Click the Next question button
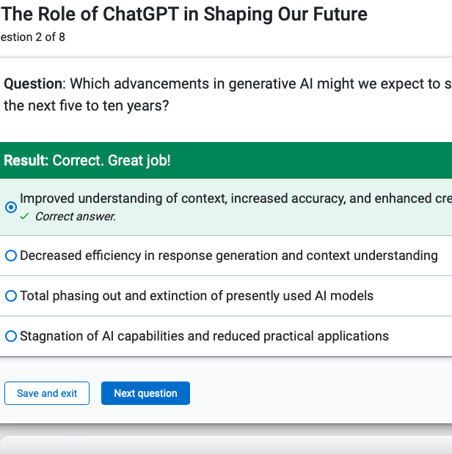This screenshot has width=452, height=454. (145, 393)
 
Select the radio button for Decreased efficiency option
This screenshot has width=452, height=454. (11, 256)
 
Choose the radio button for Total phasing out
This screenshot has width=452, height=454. (11, 296)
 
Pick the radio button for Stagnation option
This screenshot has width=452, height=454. (11, 336)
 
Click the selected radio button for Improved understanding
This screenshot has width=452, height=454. (11, 207)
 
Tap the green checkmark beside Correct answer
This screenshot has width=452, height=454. (24, 216)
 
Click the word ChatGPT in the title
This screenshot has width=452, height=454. (141, 14)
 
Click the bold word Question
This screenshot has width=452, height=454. (33, 84)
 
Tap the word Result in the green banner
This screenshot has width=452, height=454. (26, 160)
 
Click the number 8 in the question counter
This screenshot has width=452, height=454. (62, 37)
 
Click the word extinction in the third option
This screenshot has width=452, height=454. (178, 296)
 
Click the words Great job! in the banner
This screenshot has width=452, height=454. (139, 160)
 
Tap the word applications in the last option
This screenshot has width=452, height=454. (353, 336)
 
